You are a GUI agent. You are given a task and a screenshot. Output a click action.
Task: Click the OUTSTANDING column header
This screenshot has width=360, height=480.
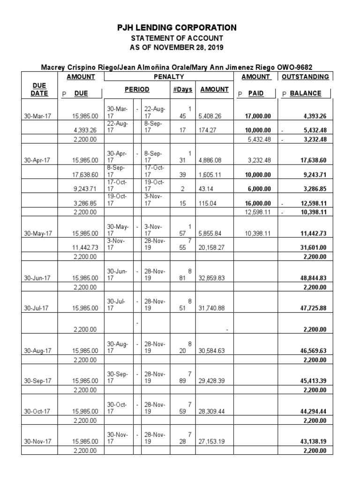(305, 77)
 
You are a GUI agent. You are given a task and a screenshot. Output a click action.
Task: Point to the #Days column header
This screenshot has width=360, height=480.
(182, 89)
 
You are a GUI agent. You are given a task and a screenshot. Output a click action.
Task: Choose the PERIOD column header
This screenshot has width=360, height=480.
(137, 89)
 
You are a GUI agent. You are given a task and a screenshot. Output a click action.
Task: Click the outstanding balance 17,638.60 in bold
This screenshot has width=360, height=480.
(313, 160)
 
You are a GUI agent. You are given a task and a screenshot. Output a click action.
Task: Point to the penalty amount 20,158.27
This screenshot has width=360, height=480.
(212, 247)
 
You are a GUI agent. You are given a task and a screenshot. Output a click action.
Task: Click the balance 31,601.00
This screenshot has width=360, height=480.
(313, 247)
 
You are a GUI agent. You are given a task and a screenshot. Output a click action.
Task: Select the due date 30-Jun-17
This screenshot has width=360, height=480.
(36, 277)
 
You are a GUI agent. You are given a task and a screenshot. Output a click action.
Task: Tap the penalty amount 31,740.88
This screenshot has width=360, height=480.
(212, 308)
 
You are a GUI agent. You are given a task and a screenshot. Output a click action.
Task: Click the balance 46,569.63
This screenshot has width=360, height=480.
(313, 350)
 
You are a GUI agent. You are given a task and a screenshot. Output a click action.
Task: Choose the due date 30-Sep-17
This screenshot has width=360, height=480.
(36, 381)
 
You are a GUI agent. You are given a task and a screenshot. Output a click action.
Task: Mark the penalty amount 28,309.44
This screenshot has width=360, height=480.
(212, 411)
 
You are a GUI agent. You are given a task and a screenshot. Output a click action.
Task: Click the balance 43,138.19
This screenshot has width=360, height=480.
(313, 442)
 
